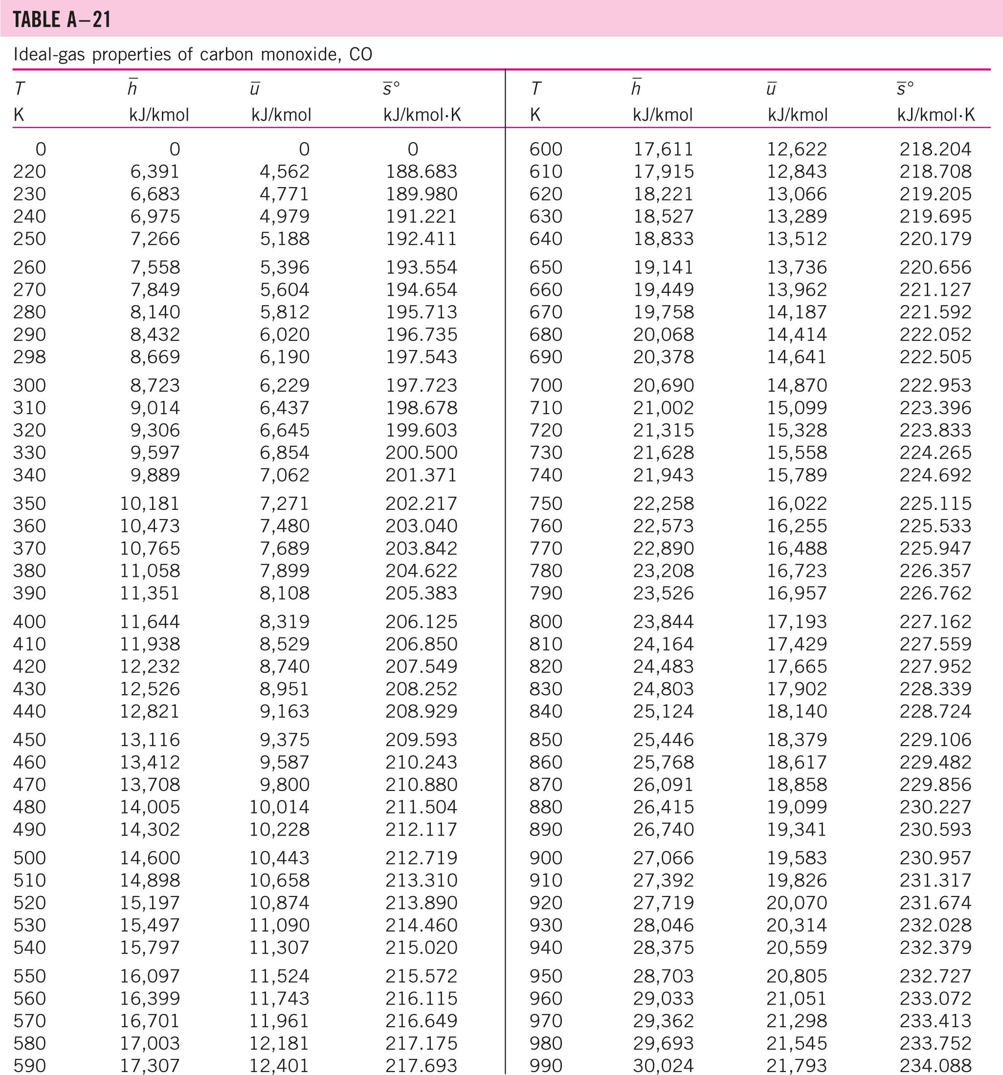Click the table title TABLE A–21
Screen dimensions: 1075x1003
pos(62,20)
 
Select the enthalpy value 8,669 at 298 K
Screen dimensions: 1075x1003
pos(155,357)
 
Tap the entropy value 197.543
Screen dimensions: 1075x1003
pos(421,357)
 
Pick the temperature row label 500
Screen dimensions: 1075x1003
pos(29,857)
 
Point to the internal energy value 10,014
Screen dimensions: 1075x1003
pos(279,807)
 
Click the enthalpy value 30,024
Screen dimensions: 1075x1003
pos(663,1065)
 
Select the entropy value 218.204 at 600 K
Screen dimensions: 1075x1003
pos(936,149)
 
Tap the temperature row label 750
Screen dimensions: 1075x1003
pos(546,504)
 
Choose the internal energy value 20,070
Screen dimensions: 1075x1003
pos(797,902)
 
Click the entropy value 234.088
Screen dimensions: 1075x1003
pos(936,1065)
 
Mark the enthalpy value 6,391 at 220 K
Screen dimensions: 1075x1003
pos(155,172)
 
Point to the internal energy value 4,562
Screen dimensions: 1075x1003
pos(285,172)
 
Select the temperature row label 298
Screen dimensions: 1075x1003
pos(29,357)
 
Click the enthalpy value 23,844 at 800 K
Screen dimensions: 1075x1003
pos(663,621)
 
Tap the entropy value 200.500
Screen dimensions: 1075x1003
pos(421,453)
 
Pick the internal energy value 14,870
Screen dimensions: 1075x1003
pos(797,385)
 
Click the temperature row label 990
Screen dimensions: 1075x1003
pos(546,1065)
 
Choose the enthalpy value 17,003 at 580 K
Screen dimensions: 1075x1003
pos(150,1043)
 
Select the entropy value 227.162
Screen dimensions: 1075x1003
pos(936,621)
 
